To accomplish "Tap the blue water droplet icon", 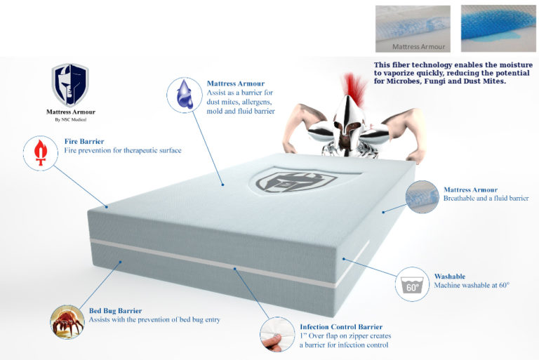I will pos(184,94).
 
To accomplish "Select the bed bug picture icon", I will pos(67,321).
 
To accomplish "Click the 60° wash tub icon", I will pos(412,284).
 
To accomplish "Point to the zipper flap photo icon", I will pos(277,335).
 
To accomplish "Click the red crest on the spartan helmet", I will pos(356,91).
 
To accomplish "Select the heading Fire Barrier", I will pos(84,141).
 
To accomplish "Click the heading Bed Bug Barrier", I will pos(115,310).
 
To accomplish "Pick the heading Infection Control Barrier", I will pos(341,327).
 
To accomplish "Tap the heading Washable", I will pos(449,276).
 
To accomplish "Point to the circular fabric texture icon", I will pos(422,196).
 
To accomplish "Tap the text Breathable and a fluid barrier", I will pos(486,199).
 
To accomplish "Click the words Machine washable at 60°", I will pos(471,286).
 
